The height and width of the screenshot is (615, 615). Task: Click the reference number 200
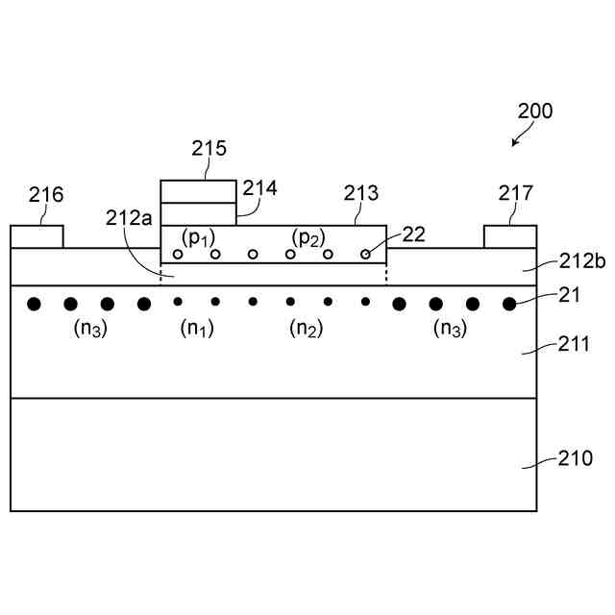click(535, 111)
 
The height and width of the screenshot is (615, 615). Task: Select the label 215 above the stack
click(209, 149)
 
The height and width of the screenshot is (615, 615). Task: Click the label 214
click(259, 188)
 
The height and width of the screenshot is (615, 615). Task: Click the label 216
click(45, 195)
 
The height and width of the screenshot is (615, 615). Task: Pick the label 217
click(515, 194)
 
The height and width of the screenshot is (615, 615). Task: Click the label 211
click(576, 342)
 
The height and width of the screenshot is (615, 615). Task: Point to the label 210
click(576, 458)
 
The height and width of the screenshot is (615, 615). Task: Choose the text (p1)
click(198, 237)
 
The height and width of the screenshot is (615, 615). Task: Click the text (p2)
click(308, 237)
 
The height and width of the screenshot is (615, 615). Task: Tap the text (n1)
click(197, 328)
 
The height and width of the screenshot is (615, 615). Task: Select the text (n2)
click(308, 328)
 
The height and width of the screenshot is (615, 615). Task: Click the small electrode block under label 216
click(37, 236)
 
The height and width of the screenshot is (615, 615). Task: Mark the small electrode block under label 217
click(509, 236)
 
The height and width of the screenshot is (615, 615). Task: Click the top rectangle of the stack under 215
click(197, 191)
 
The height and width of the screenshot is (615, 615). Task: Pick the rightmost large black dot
click(509, 304)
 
